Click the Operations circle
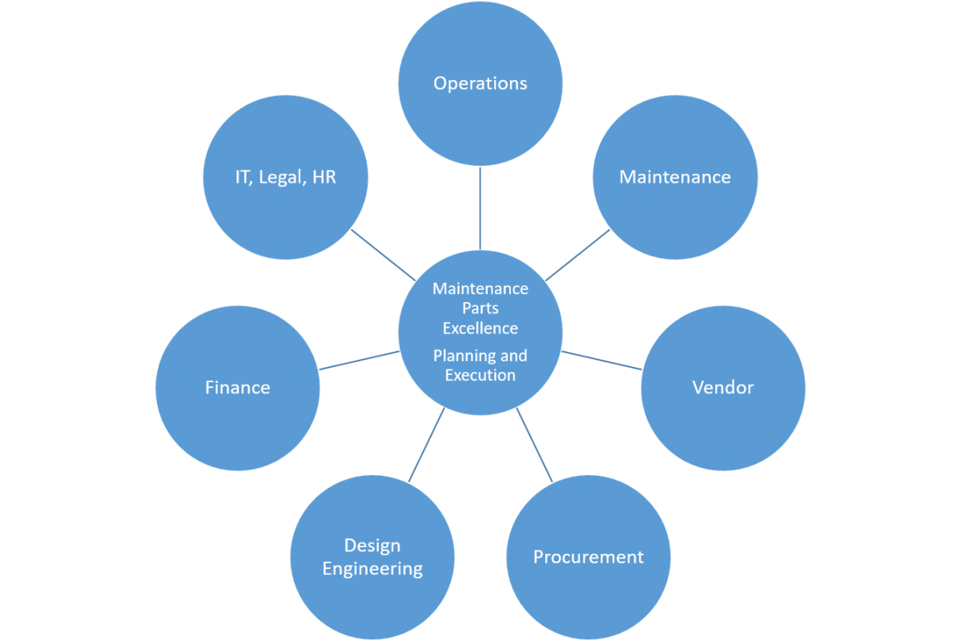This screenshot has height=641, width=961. (x=480, y=83)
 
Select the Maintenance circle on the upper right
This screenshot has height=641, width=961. (x=675, y=177)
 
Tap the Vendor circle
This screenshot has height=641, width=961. (x=723, y=388)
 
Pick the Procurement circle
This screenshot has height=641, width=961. (x=589, y=557)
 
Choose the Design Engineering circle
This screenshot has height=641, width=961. (x=372, y=557)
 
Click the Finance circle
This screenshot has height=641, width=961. (x=238, y=388)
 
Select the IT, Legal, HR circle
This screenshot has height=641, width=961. (x=286, y=177)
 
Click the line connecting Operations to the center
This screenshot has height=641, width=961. (x=480, y=208)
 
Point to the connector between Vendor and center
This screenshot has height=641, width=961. (x=601, y=360)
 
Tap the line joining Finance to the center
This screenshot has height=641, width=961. (x=360, y=360)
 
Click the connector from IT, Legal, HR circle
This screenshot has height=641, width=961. (x=383, y=254)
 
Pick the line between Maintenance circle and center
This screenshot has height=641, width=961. (x=578, y=254)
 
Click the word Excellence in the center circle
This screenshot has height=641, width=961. (x=480, y=329)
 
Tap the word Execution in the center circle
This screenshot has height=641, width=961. (x=480, y=375)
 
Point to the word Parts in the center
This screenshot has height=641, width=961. (x=480, y=308)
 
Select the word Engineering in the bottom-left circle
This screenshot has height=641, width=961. (x=372, y=569)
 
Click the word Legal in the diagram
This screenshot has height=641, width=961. (x=281, y=177)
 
